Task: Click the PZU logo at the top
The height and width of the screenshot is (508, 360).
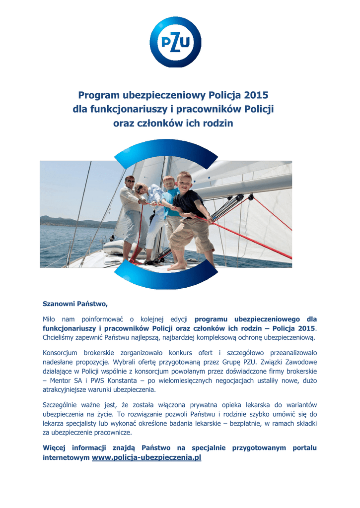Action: click(x=175, y=42)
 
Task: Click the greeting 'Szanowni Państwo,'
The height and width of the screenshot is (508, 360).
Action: click(x=75, y=303)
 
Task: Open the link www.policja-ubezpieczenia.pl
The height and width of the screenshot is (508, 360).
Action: click(x=146, y=457)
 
